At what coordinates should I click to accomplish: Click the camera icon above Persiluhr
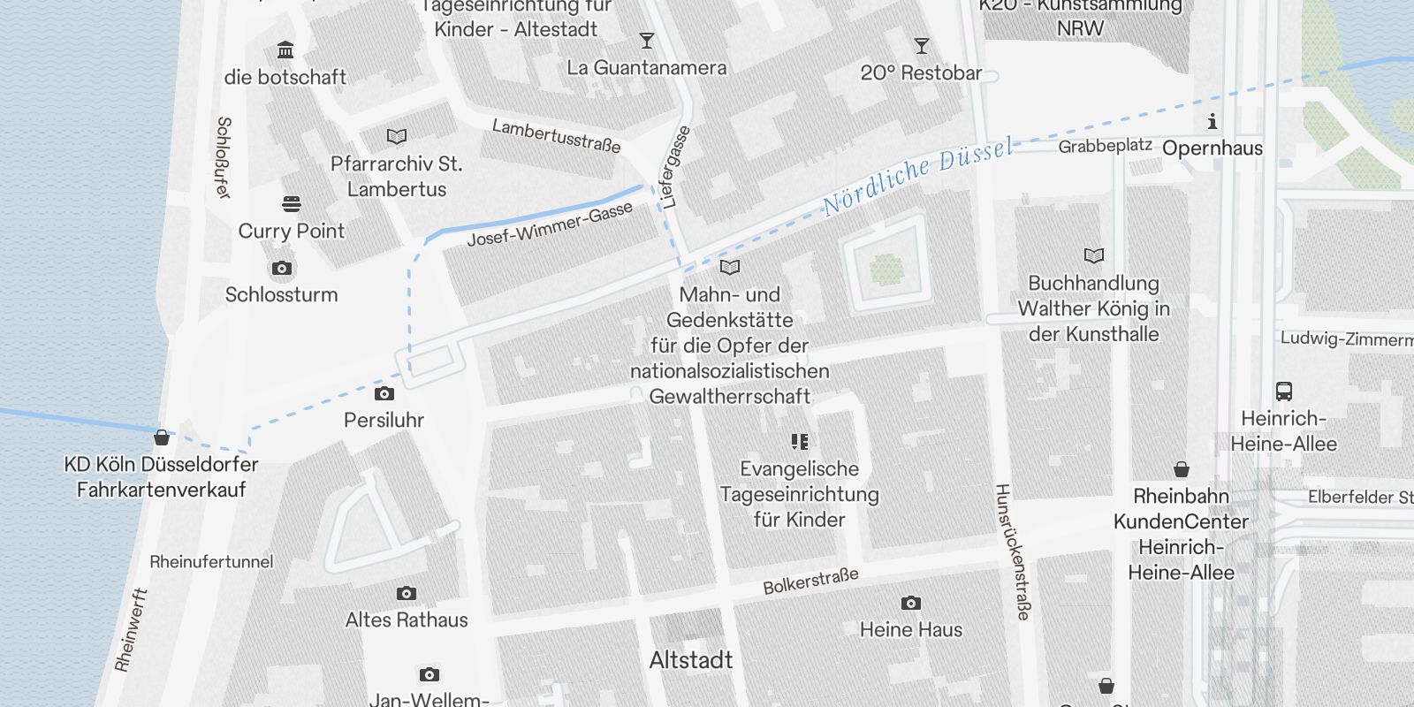(384, 393)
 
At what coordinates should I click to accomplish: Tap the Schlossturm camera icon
(282, 268)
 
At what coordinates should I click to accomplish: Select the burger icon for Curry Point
(292, 204)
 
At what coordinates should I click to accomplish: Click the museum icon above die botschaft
(285, 49)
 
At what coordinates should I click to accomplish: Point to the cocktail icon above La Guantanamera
(647, 41)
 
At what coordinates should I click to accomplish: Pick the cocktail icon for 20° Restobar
(921, 46)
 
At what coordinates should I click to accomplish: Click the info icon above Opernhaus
(1213, 121)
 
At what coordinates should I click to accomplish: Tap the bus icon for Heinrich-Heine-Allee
(1284, 392)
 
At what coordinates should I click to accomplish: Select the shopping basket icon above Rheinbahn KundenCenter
(1182, 469)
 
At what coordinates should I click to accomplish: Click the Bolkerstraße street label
(810, 582)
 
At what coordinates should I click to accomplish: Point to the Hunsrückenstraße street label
(1013, 551)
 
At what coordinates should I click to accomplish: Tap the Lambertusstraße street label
(556, 136)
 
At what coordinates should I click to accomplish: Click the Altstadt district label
(690, 660)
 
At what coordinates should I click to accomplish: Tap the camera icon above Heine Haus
(911, 604)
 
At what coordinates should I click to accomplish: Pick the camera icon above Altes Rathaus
(407, 593)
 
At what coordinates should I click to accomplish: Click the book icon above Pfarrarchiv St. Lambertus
(397, 137)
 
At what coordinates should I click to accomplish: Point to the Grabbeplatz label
(1105, 146)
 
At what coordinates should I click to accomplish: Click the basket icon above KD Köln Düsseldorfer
(162, 437)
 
